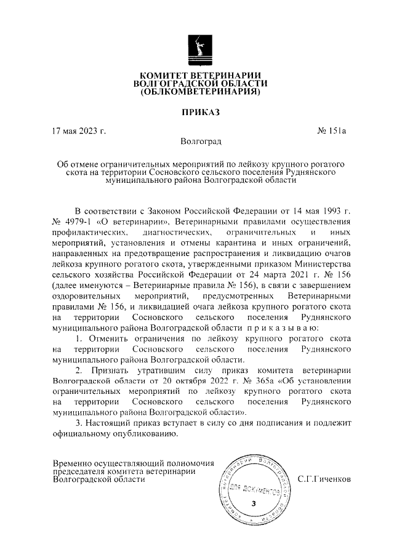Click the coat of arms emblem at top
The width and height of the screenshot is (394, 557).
tap(197, 49)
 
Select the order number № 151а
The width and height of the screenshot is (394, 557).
tap(332, 131)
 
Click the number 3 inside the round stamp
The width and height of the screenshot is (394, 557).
tap(253, 504)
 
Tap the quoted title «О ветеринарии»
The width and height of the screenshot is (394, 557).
tap(140, 220)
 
